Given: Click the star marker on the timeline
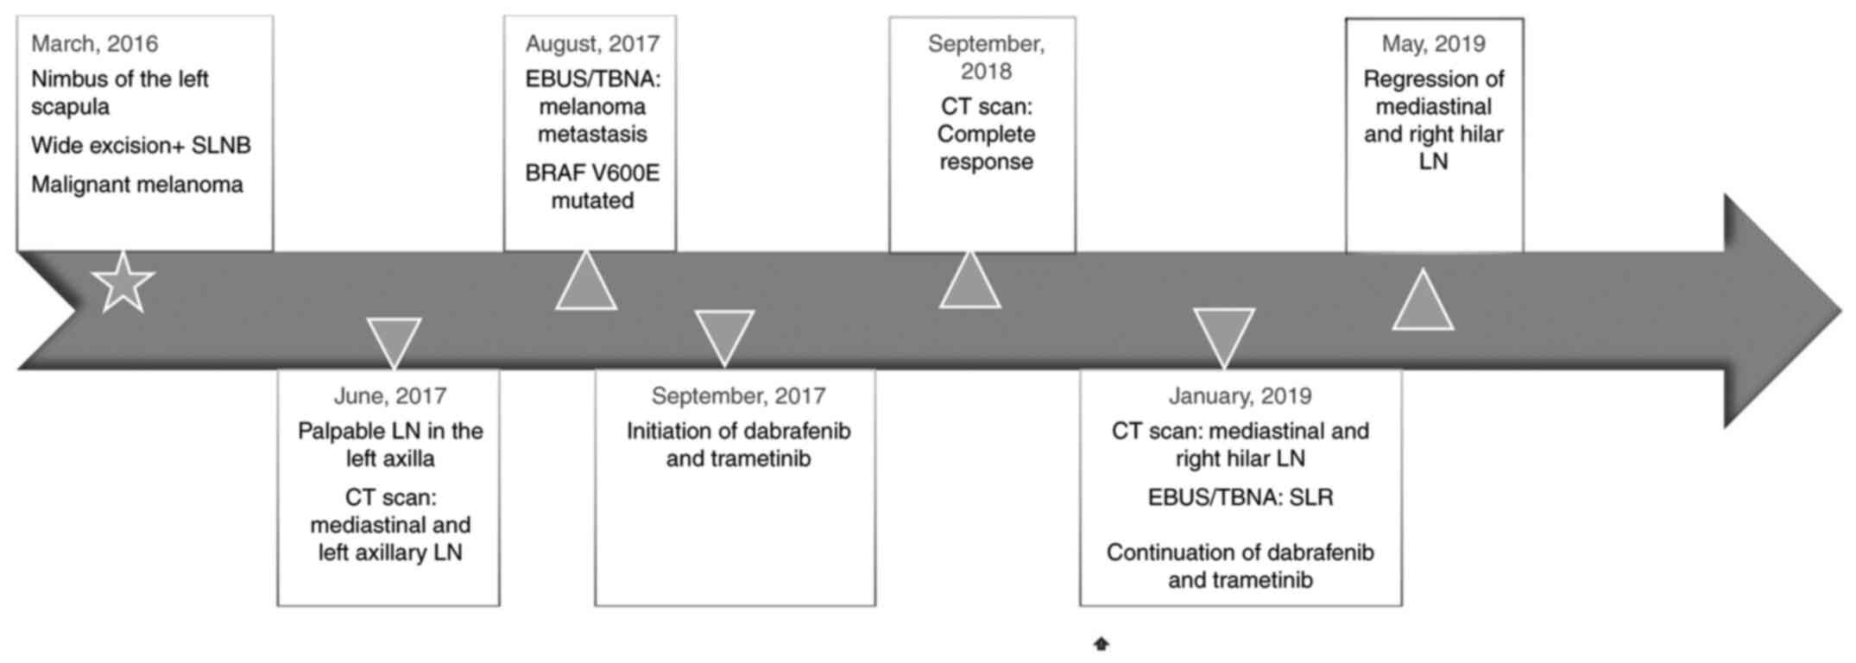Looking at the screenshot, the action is [x=123, y=283].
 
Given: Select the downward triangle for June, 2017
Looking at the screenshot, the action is [x=394, y=340].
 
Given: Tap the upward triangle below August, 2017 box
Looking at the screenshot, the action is [x=586, y=285].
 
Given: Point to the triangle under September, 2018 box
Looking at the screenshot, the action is [x=969, y=285].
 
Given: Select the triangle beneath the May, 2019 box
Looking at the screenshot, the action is [x=1423, y=304].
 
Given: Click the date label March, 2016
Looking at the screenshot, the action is [x=95, y=43].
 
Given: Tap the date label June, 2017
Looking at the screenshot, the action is [x=390, y=396].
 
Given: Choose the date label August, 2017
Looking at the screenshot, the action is [x=592, y=43].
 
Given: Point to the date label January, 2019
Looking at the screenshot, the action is [x=1240, y=396].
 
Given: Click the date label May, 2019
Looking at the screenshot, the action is [x=1433, y=43].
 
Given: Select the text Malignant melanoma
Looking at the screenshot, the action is [x=137, y=185].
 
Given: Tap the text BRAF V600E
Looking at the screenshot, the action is [x=592, y=174].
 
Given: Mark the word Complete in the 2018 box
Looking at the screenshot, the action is [x=986, y=135].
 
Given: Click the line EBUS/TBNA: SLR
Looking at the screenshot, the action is [x=1240, y=498].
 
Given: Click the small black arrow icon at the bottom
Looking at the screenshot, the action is [x=1101, y=644].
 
